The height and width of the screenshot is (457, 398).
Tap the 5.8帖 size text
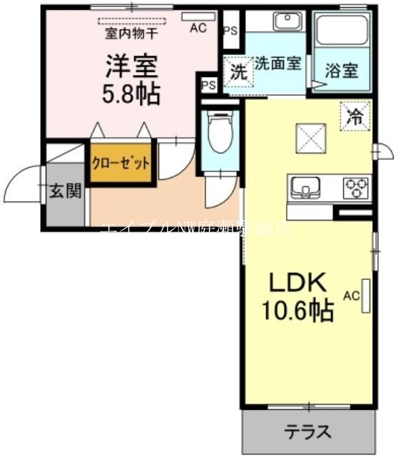(130, 94)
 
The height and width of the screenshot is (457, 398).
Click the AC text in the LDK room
(351, 295)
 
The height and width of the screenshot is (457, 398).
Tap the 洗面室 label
(278, 62)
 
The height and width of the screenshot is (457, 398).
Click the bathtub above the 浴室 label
(342, 31)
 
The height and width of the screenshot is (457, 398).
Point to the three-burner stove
(355, 188)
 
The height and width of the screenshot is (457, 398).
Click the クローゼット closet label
(121, 162)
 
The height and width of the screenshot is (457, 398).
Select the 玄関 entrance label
(64, 191)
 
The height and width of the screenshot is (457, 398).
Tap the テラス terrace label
(308, 432)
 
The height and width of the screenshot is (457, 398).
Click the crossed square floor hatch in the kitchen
(311, 135)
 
